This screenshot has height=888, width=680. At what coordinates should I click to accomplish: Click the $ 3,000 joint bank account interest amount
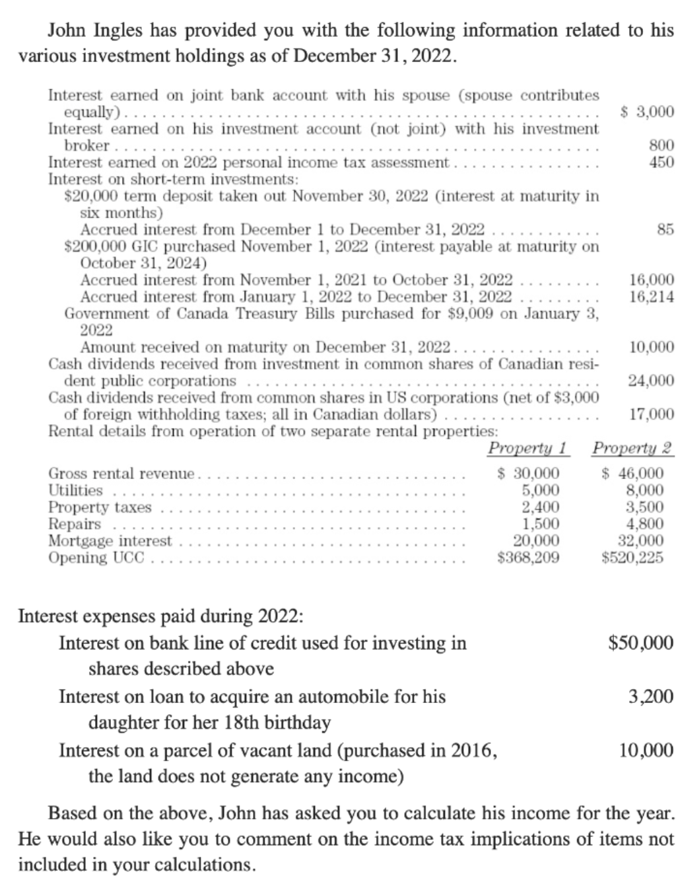click(648, 112)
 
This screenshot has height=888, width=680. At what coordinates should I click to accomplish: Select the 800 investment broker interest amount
click(662, 145)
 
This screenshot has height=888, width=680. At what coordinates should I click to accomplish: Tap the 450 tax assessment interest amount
click(662, 162)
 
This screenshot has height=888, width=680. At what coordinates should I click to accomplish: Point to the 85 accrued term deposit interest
click(665, 230)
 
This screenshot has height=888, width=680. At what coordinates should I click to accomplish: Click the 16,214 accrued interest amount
click(652, 297)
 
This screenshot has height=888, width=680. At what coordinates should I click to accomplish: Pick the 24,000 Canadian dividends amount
click(652, 381)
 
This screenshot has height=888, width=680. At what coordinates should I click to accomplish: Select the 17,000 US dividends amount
click(652, 415)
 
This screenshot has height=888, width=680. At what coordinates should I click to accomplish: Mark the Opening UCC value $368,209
click(528, 558)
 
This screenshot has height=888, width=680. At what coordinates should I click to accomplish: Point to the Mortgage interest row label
click(110, 541)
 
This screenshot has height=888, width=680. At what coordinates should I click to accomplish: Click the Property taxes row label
click(100, 507)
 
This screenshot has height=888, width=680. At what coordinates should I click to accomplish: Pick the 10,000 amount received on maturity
click(652, 347)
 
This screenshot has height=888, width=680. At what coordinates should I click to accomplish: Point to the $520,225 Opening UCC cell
click(632, 558)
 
